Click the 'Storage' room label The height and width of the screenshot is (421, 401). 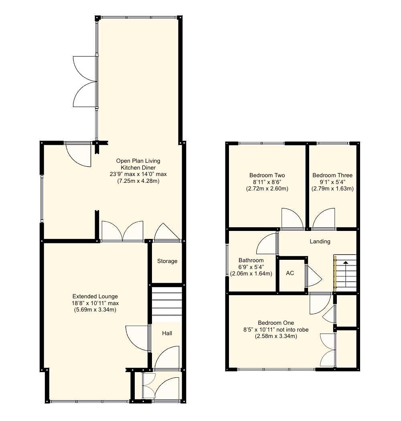point(167,261)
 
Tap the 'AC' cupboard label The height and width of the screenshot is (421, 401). point(290,273)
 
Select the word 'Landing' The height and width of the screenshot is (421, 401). point(320,241)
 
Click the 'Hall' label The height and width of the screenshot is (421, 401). point(167,333)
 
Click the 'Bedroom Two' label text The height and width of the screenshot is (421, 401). point(267,175)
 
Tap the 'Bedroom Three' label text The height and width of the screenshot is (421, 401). point(332,175)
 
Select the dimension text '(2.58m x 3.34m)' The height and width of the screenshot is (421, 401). point(276,336)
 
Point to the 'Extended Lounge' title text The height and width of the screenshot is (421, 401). point(95,296)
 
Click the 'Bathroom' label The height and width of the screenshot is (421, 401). point(251,260)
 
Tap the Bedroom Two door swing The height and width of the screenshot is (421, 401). point(292,219)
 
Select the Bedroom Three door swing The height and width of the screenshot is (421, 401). point(324,219)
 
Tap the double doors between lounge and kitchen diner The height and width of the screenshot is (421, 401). point(122,231)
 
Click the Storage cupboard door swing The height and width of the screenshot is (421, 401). point(166,232)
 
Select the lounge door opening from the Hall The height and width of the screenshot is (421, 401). point(137,338)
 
